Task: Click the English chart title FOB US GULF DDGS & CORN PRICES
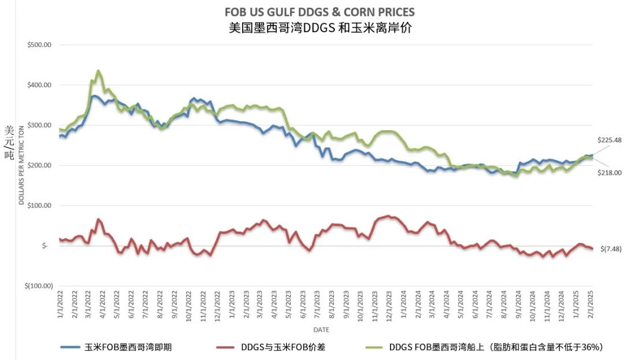pos(320,12)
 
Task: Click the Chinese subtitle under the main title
pos(320,27)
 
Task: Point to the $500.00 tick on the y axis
pos(40,44)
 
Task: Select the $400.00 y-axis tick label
pos(40,85)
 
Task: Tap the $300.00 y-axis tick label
pos(40,125)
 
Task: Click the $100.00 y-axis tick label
pos(40,206)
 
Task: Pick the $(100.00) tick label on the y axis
pos(38,286)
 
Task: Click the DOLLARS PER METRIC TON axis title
pos(21,165)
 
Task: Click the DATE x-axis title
pos(322,329)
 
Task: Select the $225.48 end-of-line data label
pos(610,140)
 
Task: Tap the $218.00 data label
pos(610,172)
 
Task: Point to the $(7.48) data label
pos(611,248)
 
